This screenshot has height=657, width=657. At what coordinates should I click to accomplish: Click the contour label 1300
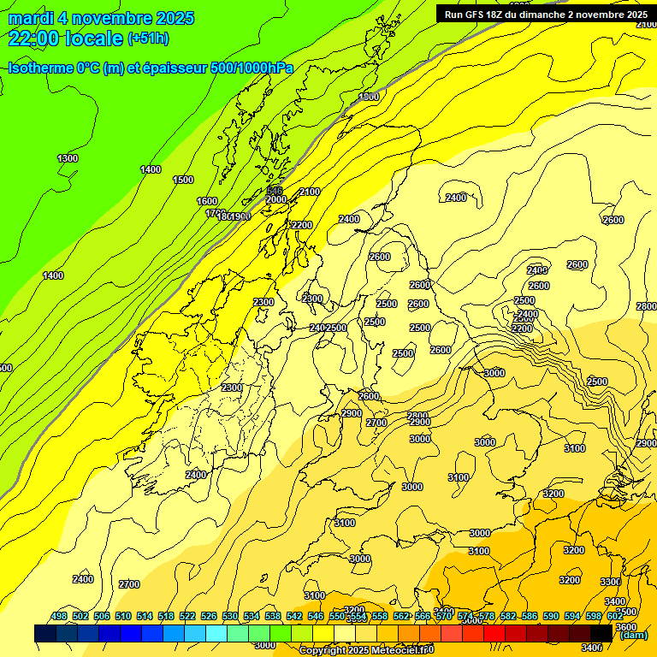(x=68, y=158)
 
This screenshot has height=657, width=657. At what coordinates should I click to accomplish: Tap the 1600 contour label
(x=207, y=201)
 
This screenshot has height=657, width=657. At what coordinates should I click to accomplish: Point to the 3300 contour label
(x=611, y=582)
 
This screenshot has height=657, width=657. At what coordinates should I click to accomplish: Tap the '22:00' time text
(x=33, y=38)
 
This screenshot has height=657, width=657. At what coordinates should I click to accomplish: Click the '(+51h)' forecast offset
(x=148, y=38)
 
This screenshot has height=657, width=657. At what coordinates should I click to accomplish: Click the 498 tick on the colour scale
(x=59, y=616)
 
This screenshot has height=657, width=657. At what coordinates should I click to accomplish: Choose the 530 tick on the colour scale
(x=230, y=616)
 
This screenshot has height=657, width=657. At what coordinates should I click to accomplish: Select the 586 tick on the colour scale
(x=530, y=616)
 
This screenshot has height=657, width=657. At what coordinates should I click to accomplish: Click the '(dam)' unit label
(x=632, y=635)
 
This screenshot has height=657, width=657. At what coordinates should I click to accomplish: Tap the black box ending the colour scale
(x=601, y=633)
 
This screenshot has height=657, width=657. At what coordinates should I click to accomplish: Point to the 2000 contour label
(x=276, y=199)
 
